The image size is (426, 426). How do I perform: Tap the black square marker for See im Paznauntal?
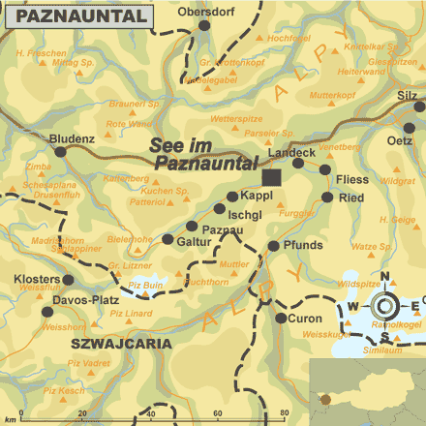[x=272, y=177]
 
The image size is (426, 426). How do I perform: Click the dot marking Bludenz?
[x=61, y=151]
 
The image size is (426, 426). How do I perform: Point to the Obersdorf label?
[x=208, y=12]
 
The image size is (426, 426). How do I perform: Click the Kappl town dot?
[x=231, y=197]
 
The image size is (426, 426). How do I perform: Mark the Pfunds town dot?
[x=274, y=246]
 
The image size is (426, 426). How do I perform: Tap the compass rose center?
[x=384, y=308]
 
